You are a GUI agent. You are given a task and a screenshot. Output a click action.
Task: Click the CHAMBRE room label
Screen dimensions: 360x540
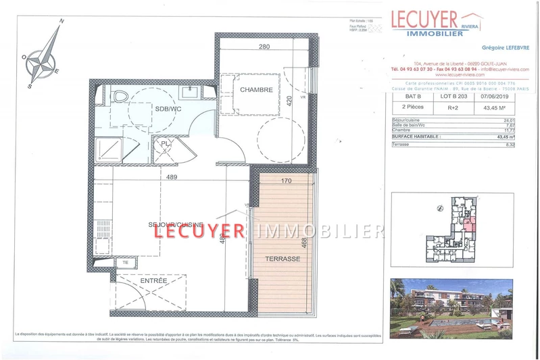coord(255,90)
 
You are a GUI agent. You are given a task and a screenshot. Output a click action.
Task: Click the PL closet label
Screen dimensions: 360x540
coord(164,143)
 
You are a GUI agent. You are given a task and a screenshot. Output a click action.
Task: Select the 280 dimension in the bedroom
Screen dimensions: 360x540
coord(264,47)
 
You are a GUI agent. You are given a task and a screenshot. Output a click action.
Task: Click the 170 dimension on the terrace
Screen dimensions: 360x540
coord(286,180)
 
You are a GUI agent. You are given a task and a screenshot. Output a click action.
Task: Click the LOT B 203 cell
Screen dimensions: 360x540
coord(453,96)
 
